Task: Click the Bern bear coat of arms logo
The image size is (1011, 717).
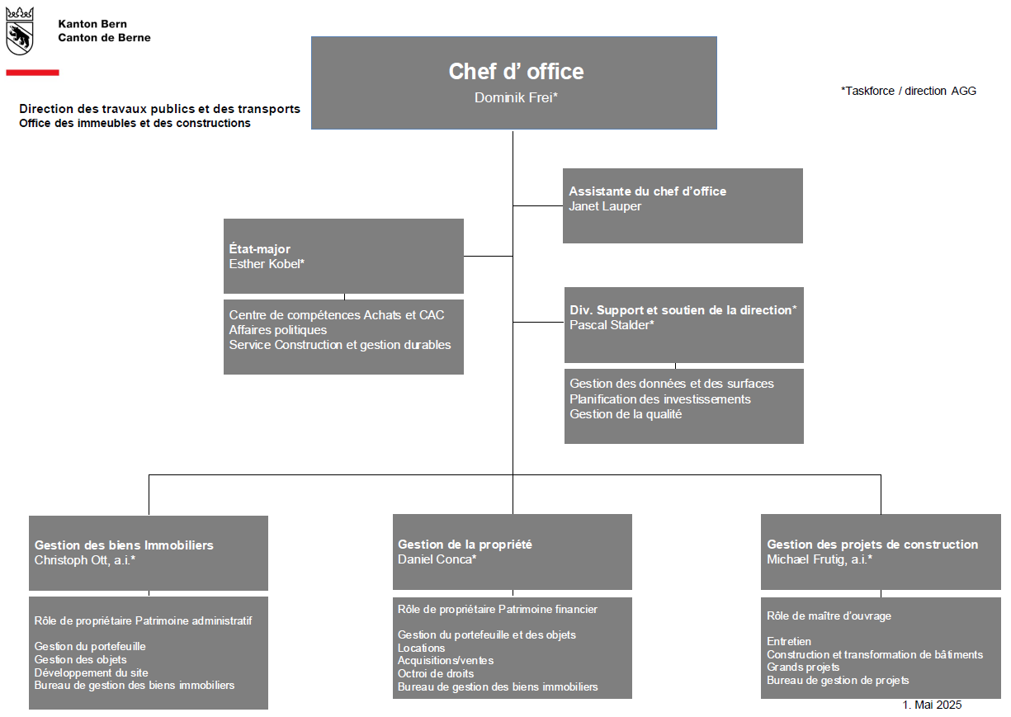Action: tap(20, 31)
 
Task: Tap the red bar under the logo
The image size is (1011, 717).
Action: tap(32, 73)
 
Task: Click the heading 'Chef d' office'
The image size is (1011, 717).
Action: tap(516, 71)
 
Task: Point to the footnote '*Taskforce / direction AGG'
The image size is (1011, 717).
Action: tap(908, 91)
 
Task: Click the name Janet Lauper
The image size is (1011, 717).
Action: tap(605, 206)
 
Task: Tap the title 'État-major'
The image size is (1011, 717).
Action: tap(259, 249)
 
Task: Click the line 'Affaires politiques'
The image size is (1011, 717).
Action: tap(277, 330)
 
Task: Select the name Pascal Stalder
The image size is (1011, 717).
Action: tap(612, 325)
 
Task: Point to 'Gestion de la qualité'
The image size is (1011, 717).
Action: tap(626, 414)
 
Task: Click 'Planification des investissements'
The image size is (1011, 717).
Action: tap(660, 399)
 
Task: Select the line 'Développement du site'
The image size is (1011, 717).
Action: tap(91, 672)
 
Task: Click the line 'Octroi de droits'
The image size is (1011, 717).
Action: tap(436, 673)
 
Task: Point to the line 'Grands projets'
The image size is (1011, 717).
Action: tap(803, 667)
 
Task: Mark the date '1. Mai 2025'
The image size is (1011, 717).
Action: tap(932, 705)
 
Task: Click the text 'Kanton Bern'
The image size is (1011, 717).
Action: tap(92, 24)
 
